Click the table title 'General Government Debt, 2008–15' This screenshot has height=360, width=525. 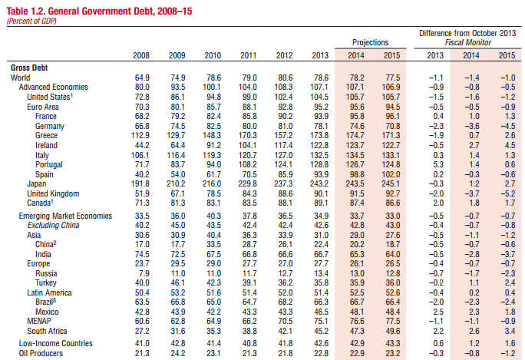pyautogui.click(x=121, y=11)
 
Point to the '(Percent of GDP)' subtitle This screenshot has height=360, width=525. pyautogui.click(x=31, y=21)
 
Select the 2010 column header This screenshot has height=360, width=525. pyautogui.click(x=213, y=55)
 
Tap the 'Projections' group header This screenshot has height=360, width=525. pyautogui.click(x=370, y=42)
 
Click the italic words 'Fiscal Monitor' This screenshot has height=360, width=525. pyautogui.click(x=467, y=42)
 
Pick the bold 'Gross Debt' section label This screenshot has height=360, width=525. pyautogui.click(x=29, y=68)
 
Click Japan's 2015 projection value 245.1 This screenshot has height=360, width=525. pyautogui.click(x=391, y=184)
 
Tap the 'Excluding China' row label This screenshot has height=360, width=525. pyautogui.click(x=53, y=225)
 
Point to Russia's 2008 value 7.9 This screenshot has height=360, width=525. pyautogui.click(x=144, y=273)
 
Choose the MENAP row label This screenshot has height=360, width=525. pyautogui.click(x=39, y=321)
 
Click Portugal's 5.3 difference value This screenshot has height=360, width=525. pyautogui.click(x=438, y=165)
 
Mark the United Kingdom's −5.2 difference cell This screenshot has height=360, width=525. pyautogui.click(x=507, y=194)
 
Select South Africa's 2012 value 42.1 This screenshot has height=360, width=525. pyautogui.click(x=286, y=331)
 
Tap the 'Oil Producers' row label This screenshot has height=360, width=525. pyautogui.click(x=41, y=353)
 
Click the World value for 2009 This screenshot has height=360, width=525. pyautogui.click(x=177, y=78)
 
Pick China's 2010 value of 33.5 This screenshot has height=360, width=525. pyautogui.click(x=213, y=244)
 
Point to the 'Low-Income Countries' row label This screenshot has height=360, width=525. pyautogui.click(x=55, y=343)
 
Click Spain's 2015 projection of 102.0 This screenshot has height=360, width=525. pyautogui.click(x=391, y=174)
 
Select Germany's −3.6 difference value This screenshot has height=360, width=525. pyautogui.click(x=472, y=126)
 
